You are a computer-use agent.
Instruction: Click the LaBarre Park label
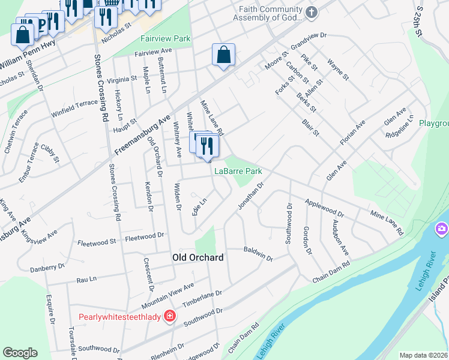pos(238,171)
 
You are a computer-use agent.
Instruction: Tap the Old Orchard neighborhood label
pos(197,257)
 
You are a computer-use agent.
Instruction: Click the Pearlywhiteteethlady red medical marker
pos(170,315)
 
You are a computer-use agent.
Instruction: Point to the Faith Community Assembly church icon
pos(311,12)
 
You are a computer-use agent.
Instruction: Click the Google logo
pos(20,353)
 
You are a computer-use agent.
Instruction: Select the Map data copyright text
pos(424,355)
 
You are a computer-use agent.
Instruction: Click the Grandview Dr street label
pos(307,41)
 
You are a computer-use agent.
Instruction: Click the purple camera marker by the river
pos(442,229)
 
